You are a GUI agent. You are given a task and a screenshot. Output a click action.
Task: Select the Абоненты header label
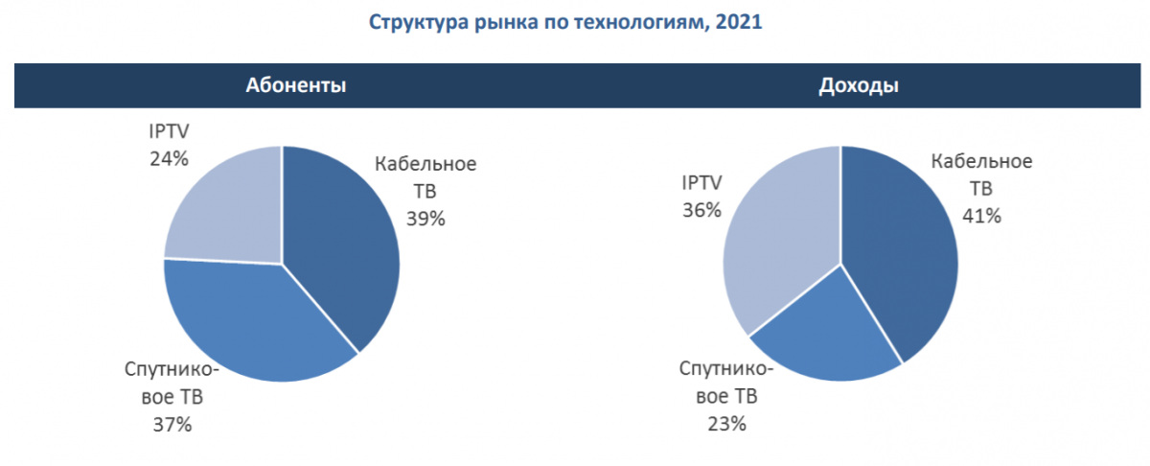tap(295, 85)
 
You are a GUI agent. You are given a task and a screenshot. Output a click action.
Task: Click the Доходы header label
tap(858, 85)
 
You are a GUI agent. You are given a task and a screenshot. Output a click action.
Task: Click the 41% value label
tap(981, 216)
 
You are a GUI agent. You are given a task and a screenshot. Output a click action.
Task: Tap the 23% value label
tap(725, 422)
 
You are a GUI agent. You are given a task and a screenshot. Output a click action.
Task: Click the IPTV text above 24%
tap(169, 129)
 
